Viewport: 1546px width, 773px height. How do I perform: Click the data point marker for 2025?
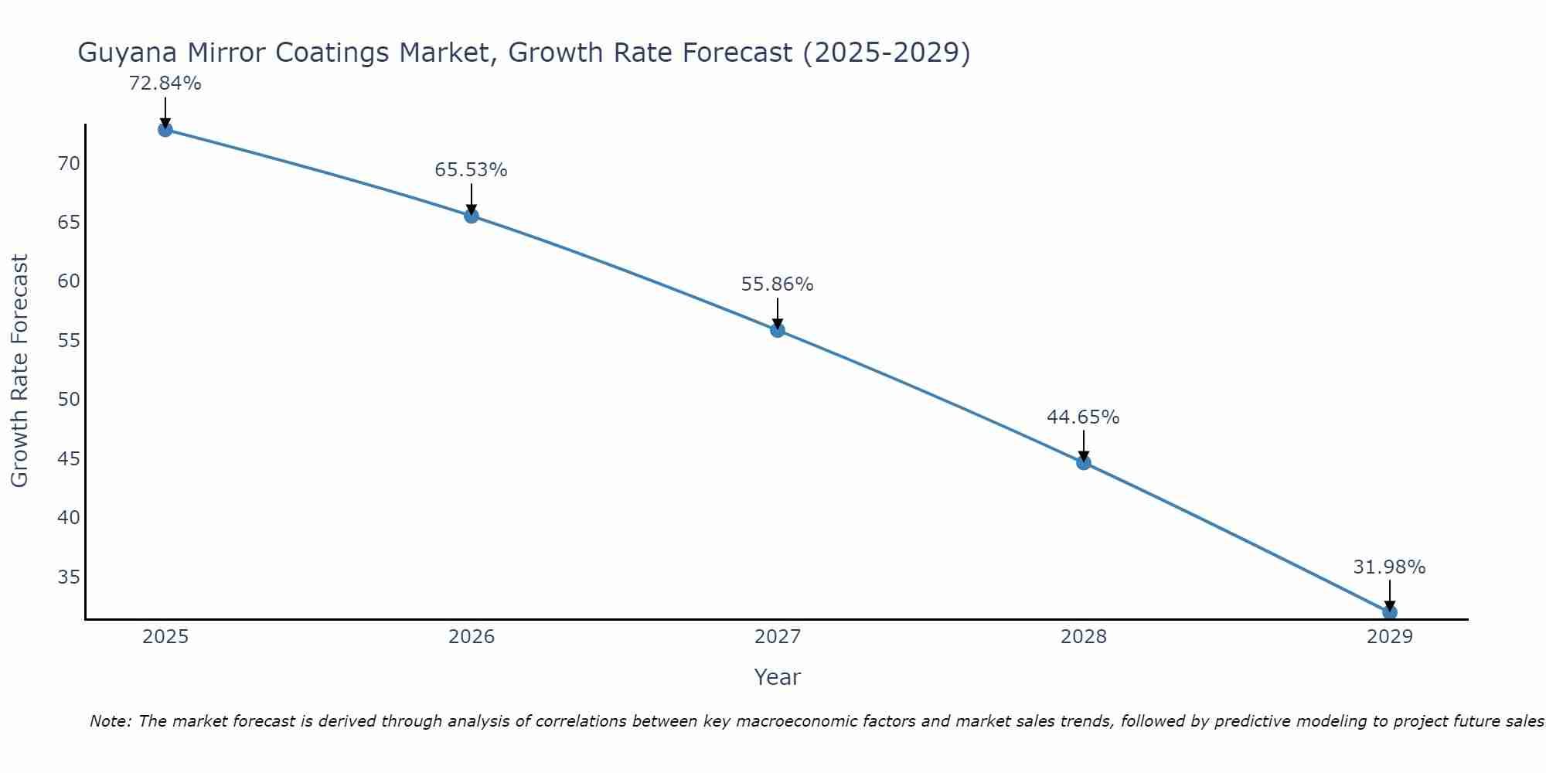point(165,129)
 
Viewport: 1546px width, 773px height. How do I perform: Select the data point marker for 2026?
point(472,216)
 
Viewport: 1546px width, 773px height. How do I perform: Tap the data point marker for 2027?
point(778,330)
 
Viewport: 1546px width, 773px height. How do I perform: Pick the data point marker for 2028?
point(1084,462)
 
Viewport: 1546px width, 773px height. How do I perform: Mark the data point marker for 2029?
point(1389,612)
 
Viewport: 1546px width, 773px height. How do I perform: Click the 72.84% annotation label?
point(165,83)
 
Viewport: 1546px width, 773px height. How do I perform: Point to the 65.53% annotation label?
point(471,170)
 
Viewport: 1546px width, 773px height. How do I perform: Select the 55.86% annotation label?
point(777,284)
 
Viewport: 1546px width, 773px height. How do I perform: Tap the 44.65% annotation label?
point(1083,417)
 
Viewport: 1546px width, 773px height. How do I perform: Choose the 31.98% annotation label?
point(1389,567)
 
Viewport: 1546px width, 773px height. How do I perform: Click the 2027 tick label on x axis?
point(778,637)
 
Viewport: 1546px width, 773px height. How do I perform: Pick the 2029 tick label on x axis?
point(1389,637)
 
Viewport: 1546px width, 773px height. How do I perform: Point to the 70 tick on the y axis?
point(69,163)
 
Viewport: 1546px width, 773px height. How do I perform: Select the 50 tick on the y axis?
point(69,400)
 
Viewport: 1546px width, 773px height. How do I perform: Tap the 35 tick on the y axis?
point(69,577)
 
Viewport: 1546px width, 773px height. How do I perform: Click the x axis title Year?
point(777,677)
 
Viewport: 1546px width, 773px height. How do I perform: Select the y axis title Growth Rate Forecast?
point(19,371)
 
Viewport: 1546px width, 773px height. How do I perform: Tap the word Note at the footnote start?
point(111,721)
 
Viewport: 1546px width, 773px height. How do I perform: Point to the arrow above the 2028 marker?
point(1084,445)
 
